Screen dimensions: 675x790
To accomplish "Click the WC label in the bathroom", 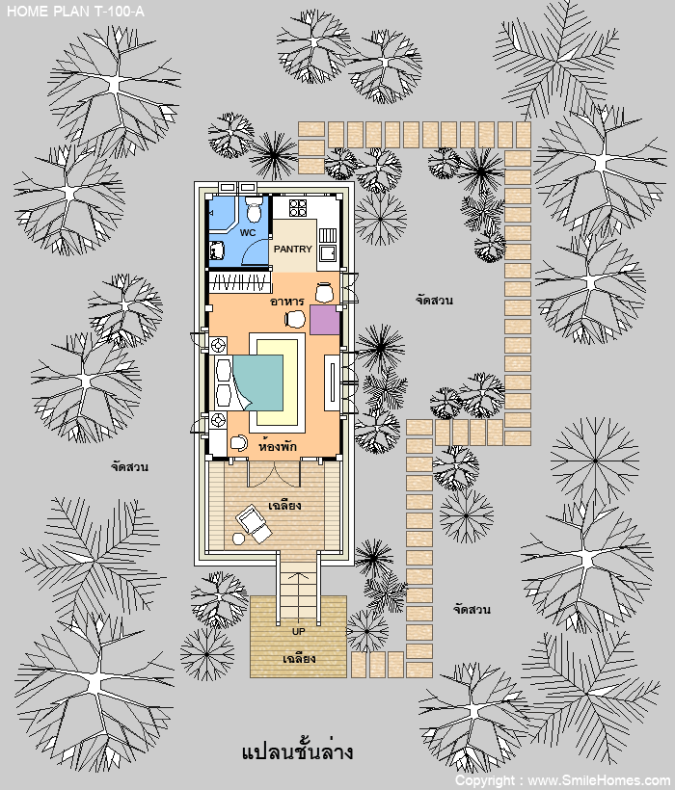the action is tap(248, 233).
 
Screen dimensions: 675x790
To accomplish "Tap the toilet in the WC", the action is tap(254, 209).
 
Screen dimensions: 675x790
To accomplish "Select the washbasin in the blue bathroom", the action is tap(216, 250).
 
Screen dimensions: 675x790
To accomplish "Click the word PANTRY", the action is tap(293, 249).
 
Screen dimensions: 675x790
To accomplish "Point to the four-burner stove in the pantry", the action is tap(297, 207).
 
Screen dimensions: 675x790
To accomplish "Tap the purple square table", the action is tap(325, 320).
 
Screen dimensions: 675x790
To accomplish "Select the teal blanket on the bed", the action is tap(258, 382).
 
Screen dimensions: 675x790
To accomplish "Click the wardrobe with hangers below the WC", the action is tap(240, 282).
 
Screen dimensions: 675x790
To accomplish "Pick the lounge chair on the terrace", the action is tap(254, 523).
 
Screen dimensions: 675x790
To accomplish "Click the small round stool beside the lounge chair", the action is tap(238, 539).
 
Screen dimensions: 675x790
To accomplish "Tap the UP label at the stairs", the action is tap(298, 631).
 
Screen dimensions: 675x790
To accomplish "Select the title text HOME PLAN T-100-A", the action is tap(75, 12).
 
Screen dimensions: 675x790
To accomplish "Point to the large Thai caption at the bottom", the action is tap(297, 752).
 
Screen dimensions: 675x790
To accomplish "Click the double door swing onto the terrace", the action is tap(274, 474).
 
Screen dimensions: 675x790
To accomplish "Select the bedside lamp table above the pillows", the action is tap(218, 346).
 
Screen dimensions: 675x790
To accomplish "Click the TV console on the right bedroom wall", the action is tap(332, 382).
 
